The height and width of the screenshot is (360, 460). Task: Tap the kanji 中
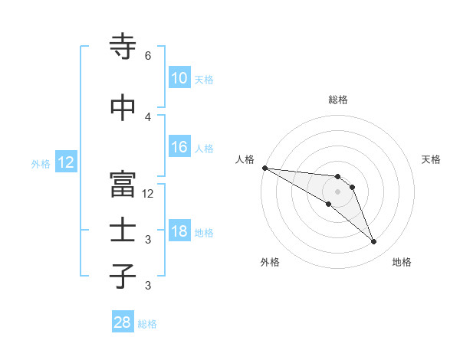[x=123, y=108]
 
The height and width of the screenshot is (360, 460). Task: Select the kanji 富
[x=123, y=184]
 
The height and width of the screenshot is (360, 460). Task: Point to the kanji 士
[x=123, y=231]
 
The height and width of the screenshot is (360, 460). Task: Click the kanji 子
[x=123, y=276]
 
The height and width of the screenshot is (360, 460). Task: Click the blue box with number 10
[x=179, y=78]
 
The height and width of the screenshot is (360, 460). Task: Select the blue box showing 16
[x=179, y=148]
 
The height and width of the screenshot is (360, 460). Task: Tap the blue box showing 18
[x=179, y=232]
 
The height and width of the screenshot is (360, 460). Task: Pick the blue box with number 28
[x=122, y=322]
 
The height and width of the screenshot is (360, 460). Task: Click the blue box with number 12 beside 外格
[x=65, y=162]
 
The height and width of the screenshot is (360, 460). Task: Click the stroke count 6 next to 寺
[x=147, y=56]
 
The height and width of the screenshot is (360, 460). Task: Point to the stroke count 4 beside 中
[x=147, y=116]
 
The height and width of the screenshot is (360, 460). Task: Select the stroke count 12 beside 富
[x=148, y=193]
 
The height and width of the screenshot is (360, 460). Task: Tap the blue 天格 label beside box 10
[x=204, y=79]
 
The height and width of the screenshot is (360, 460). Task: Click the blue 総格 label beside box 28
[x=147, y=323]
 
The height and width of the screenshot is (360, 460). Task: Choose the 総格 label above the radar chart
[x=337, y=100]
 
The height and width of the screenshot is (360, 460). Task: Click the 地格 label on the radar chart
[x=402, y=262]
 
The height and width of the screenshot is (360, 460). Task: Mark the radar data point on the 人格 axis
[x=264, y=167]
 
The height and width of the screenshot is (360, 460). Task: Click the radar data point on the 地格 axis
[x=374, y=242]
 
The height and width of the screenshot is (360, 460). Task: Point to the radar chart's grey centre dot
[x=337, y=191]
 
